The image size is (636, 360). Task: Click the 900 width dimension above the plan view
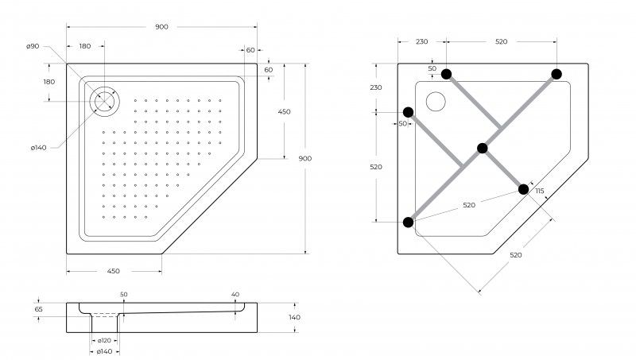[161, 27]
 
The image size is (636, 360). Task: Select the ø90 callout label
[33, 46]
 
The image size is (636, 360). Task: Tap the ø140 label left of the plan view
[38, 148]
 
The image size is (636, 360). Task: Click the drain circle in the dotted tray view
[105, 102]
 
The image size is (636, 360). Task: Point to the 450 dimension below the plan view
[113, 271]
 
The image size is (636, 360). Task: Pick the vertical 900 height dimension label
[305, 158]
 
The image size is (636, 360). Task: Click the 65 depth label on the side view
[38, 309]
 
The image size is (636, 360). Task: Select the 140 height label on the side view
[294, 317]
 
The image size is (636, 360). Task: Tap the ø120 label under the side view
[104, 341]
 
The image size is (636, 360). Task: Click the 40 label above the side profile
[235, 294]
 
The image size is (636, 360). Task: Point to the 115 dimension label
[540, 191]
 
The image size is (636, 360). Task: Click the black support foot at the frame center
[483, 148]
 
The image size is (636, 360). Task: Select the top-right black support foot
[556, 74]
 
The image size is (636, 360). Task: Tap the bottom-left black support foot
[409, 223]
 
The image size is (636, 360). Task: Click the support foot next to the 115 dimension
[524, 189]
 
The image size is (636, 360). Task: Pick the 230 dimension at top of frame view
[422, 41]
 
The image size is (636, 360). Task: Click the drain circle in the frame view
[436, 102]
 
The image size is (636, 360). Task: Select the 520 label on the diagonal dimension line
[515, 255]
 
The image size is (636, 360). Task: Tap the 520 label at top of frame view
[502, 41]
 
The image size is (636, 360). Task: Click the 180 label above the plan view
[85, 46]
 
